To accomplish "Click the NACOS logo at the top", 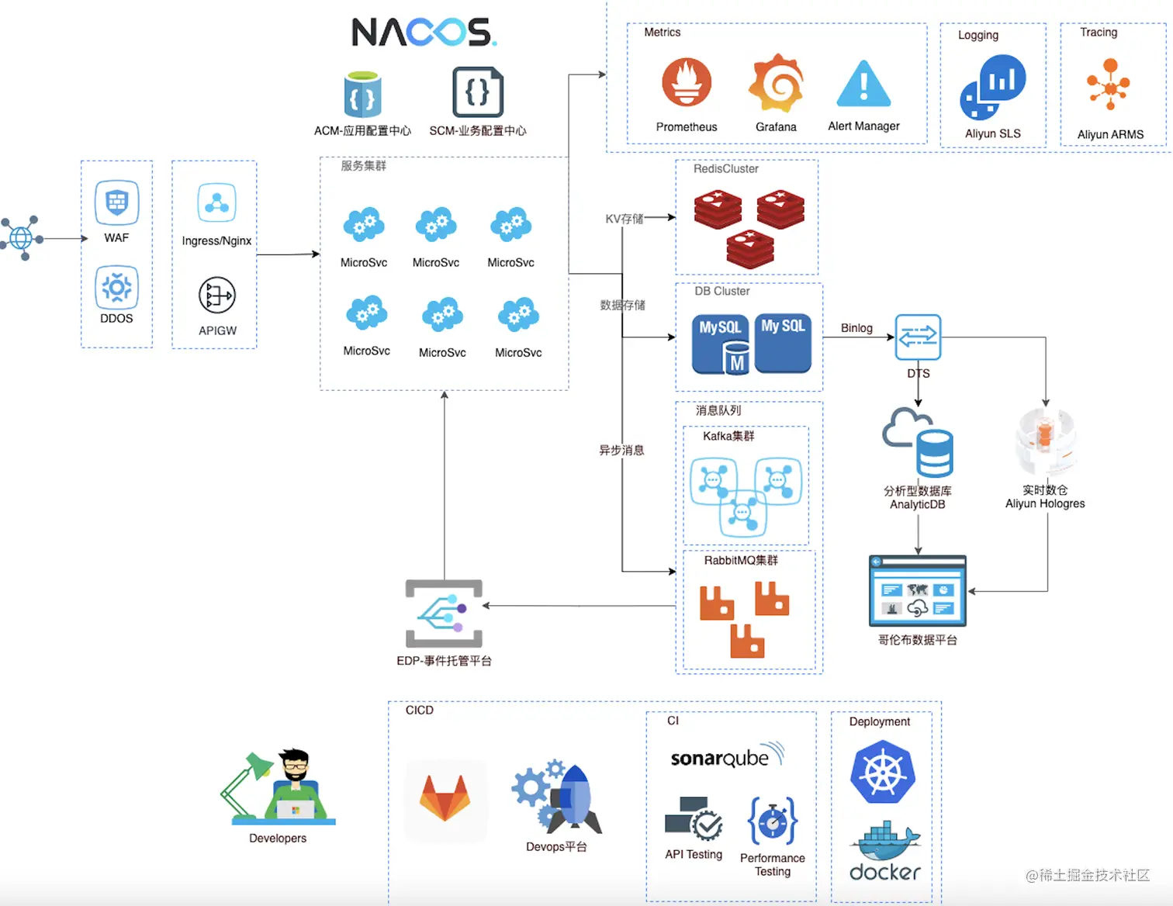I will point(424,33).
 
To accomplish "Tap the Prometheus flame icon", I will point(687,82).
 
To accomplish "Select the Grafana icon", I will point(776,82).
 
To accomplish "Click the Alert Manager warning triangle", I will point(863,84).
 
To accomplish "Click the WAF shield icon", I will point(116,202).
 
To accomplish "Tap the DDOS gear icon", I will point(116,288).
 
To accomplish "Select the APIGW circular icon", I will point(217,296).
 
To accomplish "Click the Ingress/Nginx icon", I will point(216,203).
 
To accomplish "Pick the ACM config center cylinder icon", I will point(362,95).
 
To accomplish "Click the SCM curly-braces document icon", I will point(478,92).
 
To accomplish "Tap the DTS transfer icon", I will point(918,337).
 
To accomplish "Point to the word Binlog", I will point(856,328).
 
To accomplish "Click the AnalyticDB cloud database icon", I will point(919,442).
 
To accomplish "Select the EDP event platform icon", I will point(445,613).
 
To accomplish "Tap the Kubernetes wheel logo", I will point(883,773).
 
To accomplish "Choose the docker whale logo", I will point(885,853).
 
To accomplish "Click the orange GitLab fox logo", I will point(445,800).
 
